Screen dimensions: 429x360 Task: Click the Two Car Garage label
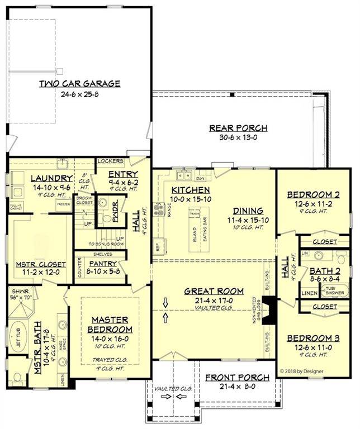point(79,84)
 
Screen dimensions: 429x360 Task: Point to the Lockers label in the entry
point(110,161)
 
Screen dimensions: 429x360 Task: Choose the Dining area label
point(248,211)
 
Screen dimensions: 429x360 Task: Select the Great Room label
point(214,290)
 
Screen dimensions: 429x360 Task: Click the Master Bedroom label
point(110,325)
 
